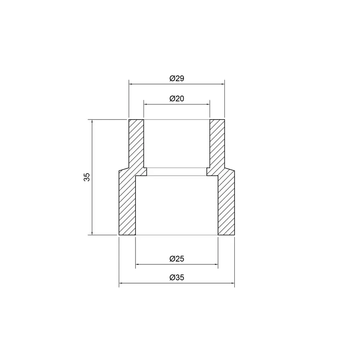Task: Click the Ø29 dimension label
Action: coord(176,79)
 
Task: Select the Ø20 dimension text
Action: coord(176,99)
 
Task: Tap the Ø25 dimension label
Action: coord(176,259)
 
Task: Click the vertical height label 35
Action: coord(87,177)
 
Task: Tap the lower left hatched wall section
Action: coord(128,204)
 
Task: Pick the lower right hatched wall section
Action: coord(226,204)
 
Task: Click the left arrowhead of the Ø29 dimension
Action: coord(130,84)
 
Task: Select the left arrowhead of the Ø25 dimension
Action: coord(138,264)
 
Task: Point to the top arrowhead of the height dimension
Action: coord(92,122)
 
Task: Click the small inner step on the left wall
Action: coord(145,172)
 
